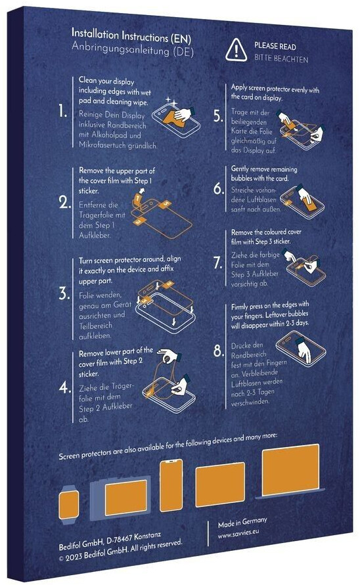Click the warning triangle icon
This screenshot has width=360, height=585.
[236, 50]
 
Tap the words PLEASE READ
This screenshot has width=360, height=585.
[275, 46]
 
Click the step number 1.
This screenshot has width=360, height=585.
[62, 111]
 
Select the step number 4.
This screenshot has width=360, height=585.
[64, 387]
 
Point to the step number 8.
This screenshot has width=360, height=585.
[219, 351]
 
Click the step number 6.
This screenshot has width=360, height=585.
[219, 188]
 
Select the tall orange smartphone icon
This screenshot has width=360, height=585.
[171, 485]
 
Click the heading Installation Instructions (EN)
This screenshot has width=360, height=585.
[131, 35]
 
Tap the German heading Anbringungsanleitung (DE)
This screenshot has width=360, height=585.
[133, 49]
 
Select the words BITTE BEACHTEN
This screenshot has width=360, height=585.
[281, 58]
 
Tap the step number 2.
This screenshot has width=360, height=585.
[65, 202]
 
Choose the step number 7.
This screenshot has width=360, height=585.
[218, 262]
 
